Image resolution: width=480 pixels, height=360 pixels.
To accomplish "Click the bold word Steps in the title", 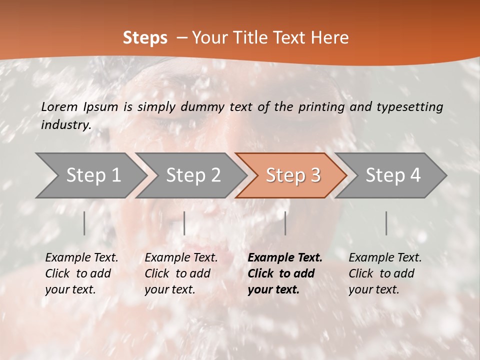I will pos(145,37).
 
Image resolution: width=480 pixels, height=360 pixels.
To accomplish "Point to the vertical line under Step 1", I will pos(84,223).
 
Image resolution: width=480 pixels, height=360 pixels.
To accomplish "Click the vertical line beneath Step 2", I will pos(184,223).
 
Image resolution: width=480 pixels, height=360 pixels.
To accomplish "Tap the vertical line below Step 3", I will pos(285,223).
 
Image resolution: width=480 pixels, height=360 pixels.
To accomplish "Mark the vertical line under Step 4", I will pos(386,223).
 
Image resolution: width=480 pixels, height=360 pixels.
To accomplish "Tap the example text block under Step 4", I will pos(385,273).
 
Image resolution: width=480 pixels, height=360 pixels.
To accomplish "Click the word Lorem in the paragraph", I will pos(59,106).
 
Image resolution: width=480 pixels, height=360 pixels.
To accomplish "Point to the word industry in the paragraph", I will pos(66,125).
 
